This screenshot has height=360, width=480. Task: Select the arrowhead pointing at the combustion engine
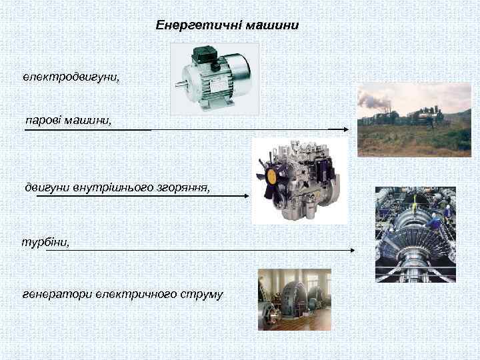247,196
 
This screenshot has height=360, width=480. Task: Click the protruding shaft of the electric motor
181,85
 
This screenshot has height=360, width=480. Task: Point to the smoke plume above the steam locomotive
377,100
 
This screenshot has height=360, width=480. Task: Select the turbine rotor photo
414,235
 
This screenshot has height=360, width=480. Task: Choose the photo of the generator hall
294,299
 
